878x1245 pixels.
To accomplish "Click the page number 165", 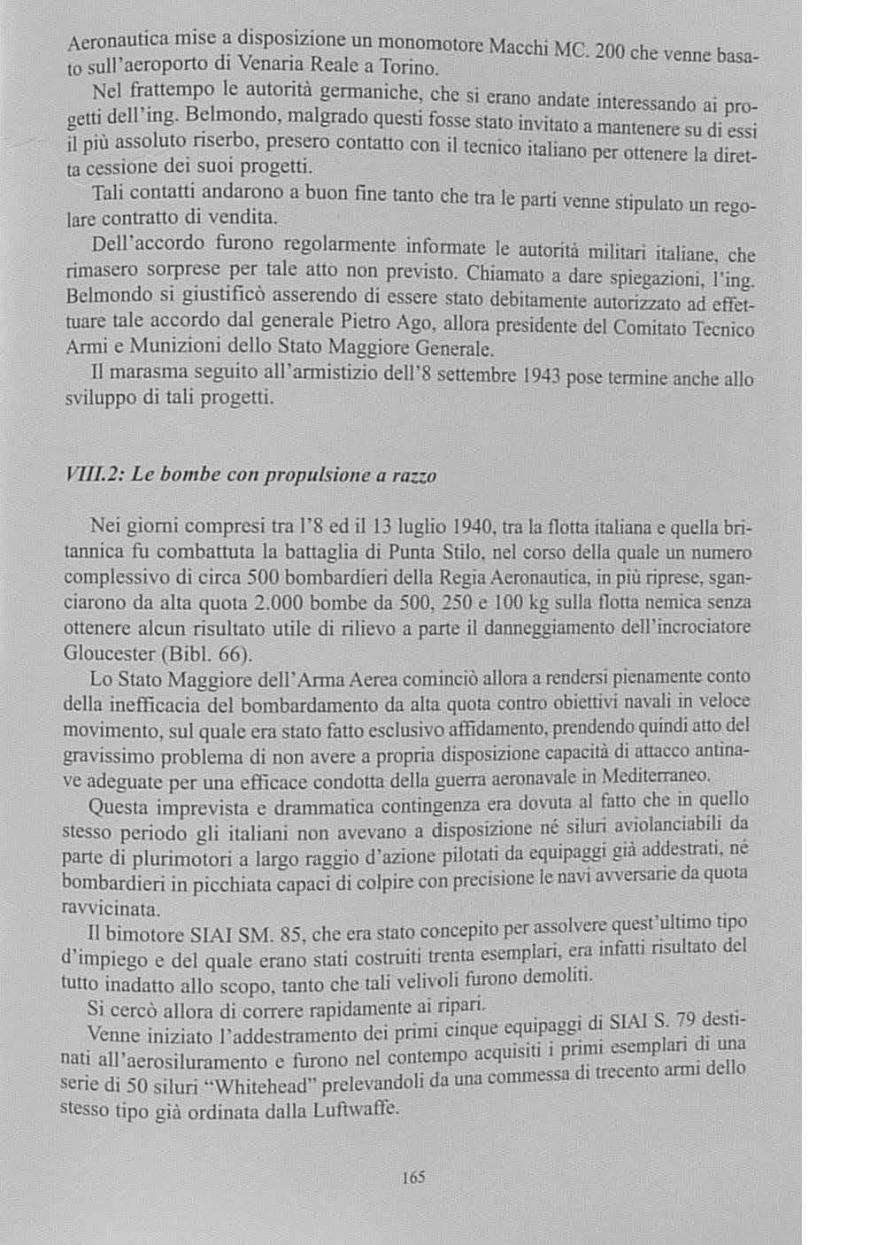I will pyautogui.click(x=413, y=1178).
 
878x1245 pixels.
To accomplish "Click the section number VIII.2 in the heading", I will pyautogui.click(x=93, y=475).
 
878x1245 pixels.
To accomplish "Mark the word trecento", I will pyautogui.click(x=607, y=1071).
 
